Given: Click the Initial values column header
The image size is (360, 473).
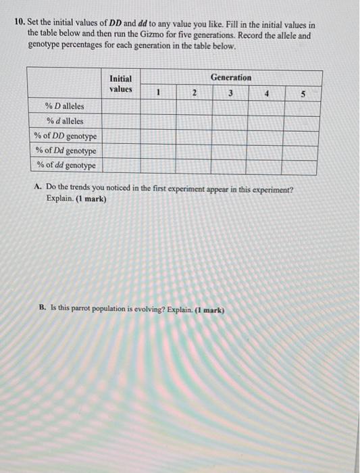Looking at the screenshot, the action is pos(121,84).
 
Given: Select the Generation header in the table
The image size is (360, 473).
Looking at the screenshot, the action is pos(230,77).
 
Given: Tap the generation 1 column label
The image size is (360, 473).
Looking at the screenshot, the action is pos(157,95).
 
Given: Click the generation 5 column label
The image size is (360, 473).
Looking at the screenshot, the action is pos(303,95).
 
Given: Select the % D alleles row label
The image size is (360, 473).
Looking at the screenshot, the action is pos(64,107).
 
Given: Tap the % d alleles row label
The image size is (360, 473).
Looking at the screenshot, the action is pos(64,122).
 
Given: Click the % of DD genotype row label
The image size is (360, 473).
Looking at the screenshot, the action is pos(66,136).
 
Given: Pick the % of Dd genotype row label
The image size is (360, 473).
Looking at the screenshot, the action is pos(66,151).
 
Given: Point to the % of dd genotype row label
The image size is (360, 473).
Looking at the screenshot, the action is pos(66,165).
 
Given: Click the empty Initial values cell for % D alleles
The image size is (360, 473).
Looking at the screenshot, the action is pos(121,107).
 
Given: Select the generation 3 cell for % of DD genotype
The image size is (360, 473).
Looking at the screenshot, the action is pos(230,136).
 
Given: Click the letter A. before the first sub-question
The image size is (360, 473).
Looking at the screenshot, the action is pos(38,189).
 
